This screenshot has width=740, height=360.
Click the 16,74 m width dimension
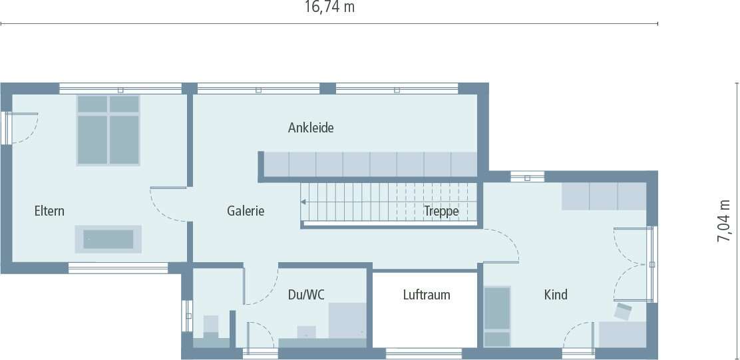pos(329,7)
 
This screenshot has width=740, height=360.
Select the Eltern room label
pos(50,211)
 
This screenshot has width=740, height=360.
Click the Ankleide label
pos(311,128)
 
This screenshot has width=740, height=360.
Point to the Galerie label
pos(246,211)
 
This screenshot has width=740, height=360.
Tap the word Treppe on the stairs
pos(441,211)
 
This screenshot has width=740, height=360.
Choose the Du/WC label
pos(306,294)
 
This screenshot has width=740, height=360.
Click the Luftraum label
pos(427,294)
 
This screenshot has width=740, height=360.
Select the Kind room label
pos(556,294)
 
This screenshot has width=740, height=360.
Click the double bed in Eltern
pos(108,130)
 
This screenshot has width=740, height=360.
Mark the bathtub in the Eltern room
pos(108,239)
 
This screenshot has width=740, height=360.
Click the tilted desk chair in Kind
pos(624,311)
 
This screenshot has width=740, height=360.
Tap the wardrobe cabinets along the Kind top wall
pos(604,196)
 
